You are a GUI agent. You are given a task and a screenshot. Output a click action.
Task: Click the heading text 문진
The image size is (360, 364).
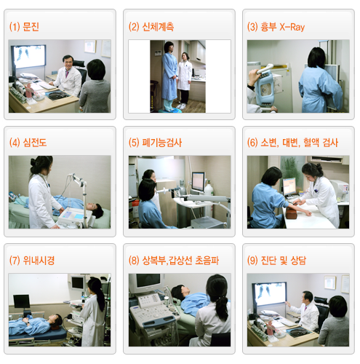[31, 26]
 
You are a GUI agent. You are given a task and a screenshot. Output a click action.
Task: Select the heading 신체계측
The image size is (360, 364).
[158, 26]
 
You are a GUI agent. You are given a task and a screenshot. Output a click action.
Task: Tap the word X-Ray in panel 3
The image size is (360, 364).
[292, 27]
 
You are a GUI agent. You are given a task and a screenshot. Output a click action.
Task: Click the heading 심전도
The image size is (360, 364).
[35, 143]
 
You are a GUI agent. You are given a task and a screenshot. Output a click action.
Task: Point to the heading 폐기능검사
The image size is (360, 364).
[162, 143]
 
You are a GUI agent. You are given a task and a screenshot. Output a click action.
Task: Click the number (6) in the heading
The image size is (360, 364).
[252, 143]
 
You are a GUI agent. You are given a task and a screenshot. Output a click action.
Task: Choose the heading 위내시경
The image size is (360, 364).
[39, 261]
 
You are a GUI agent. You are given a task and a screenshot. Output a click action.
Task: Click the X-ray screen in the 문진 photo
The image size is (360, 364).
[28, 56]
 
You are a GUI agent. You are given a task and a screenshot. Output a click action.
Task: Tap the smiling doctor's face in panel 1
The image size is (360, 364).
[68, 63]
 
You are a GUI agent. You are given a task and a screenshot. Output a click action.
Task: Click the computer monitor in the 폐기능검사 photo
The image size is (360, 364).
[199, 182]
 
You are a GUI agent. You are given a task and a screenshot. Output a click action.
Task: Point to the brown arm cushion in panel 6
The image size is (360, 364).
[292, 213]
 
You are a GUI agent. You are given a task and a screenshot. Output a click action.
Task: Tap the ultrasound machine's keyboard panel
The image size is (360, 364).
[153, 312]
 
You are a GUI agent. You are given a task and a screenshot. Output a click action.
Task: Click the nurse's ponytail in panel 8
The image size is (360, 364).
[222, 307]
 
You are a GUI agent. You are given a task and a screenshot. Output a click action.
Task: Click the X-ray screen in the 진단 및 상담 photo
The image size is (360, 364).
[269, 293]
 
